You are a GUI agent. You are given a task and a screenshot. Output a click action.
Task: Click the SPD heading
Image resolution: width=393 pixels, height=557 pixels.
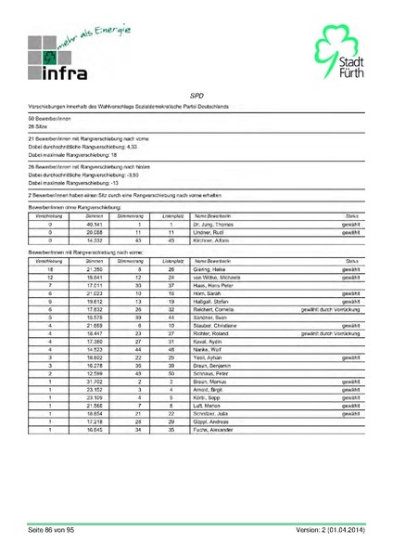pos(196,96)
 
